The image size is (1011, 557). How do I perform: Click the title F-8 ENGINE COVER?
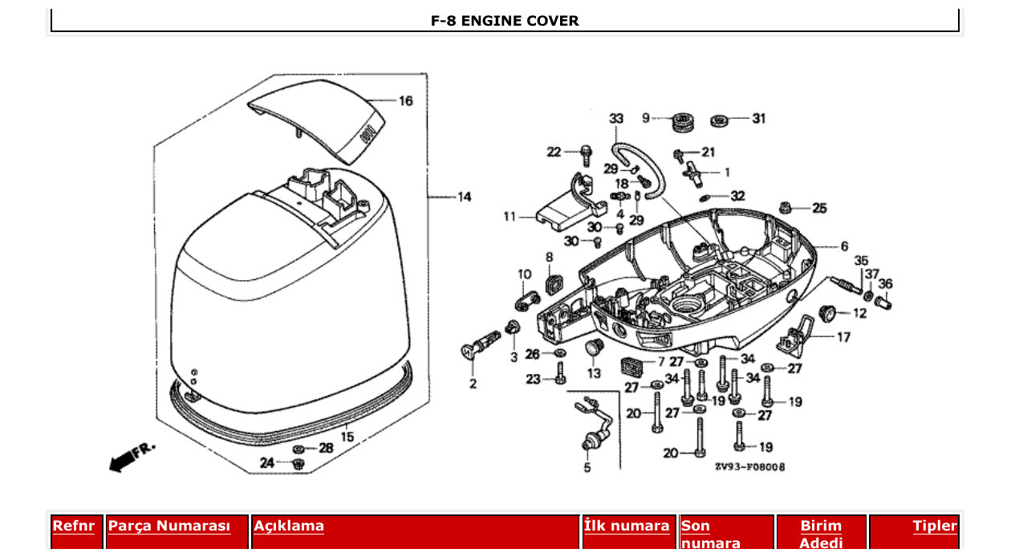[x=505, y=21]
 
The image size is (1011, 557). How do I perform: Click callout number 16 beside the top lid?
[x=406, y=101]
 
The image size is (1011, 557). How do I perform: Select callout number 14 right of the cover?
[x=465, y=197]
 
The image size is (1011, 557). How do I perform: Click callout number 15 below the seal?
[x=347, y=437]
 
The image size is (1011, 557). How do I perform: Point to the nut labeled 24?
[x=298, y=463]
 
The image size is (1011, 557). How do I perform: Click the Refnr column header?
[x=73, y=527]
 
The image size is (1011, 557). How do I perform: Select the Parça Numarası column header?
[x=169, y=527]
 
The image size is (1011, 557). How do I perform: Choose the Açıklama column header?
[x=289, y=527]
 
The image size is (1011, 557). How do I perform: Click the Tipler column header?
[x=935, y=527]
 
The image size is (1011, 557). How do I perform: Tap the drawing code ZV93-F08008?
[x=749, y=467]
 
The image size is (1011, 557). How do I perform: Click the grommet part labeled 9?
[x=682, y=123]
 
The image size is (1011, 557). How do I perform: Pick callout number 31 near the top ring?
[x=758, y=119]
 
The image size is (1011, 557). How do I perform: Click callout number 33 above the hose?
[x=615, y=119]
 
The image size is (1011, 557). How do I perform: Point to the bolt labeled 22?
[x=587, y=151]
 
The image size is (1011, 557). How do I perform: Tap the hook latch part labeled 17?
[x=797, y=335]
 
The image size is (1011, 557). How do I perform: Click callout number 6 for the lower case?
[x=843, y=246]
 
